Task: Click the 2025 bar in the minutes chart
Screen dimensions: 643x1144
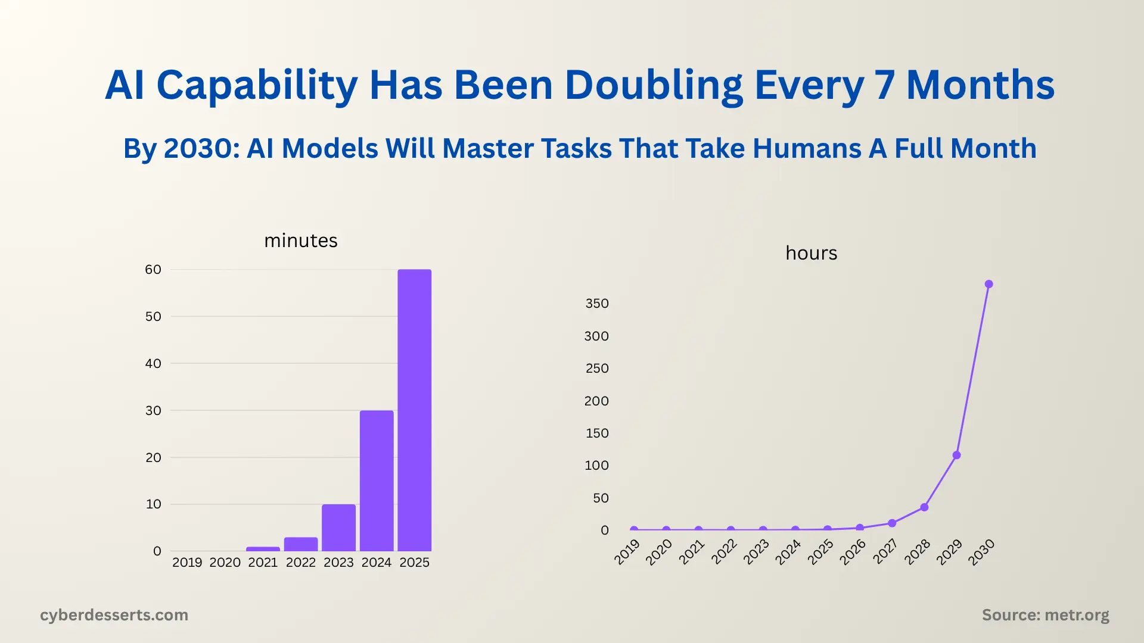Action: tap(414, 411)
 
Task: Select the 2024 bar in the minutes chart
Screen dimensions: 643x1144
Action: tap(377, 481)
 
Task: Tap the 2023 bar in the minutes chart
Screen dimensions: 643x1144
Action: tap(338, 528)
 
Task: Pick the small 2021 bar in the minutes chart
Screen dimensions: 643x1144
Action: tap(263, 549)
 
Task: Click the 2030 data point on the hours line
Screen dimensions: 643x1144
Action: tap(989, 284)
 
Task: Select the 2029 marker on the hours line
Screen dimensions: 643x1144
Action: tap(956, 455)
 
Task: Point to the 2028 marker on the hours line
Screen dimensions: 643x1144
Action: tap(924, 507)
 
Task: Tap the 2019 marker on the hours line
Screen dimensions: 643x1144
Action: tap(634, 529)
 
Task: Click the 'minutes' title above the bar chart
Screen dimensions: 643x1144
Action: tap(300, 241)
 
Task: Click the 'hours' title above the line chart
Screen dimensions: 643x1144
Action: tap(811, 253)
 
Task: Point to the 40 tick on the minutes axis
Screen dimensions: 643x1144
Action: tap(153, 363)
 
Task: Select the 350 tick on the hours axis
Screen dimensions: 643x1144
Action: tap(597, 304)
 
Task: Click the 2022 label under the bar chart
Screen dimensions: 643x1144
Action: tap(300, 563)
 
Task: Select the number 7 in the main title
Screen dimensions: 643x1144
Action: tap(884, 85)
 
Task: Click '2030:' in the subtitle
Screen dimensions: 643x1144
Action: tap(201, 148)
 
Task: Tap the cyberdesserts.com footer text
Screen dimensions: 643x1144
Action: tap(114, 615)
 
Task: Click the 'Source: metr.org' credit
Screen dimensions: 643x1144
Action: tap(1045, 615)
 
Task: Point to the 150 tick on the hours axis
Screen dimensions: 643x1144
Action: tap(597, 433)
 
